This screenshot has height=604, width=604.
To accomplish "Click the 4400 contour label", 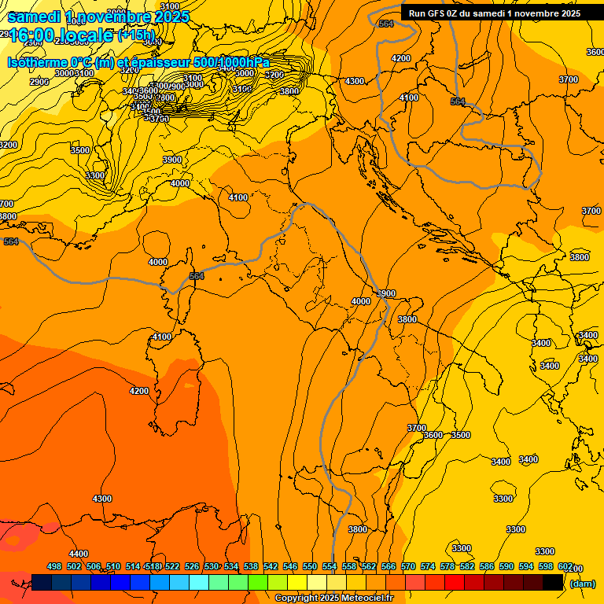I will [78, 554].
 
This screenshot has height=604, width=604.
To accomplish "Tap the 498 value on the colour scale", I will [54, 566].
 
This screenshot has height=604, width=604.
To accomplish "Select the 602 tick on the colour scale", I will [565, 566].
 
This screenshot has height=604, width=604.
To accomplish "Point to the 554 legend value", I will [330, 566].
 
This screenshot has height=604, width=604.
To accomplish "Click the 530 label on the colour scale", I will [212, 566].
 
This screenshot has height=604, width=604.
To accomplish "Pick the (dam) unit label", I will [582, 584].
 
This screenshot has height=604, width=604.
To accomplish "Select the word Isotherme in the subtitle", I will [36, 62].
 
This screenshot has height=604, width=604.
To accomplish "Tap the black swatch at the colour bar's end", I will [553, 582].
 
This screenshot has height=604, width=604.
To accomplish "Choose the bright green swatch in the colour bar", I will [258, 582].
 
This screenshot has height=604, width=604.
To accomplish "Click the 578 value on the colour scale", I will [447, 566].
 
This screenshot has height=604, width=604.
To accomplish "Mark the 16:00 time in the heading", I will [28, 35].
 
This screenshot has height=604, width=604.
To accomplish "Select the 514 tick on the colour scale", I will [133, 566].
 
